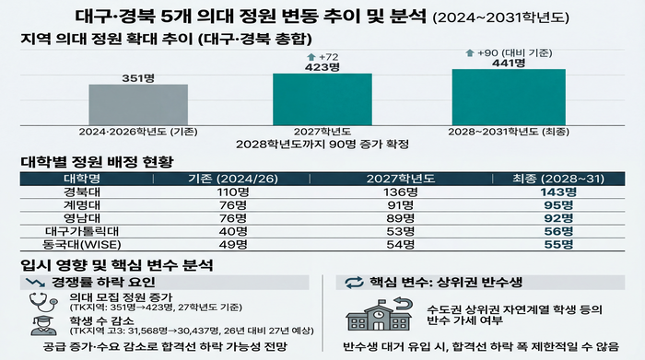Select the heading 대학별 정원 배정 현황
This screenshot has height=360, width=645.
click(x=97, y=162)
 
